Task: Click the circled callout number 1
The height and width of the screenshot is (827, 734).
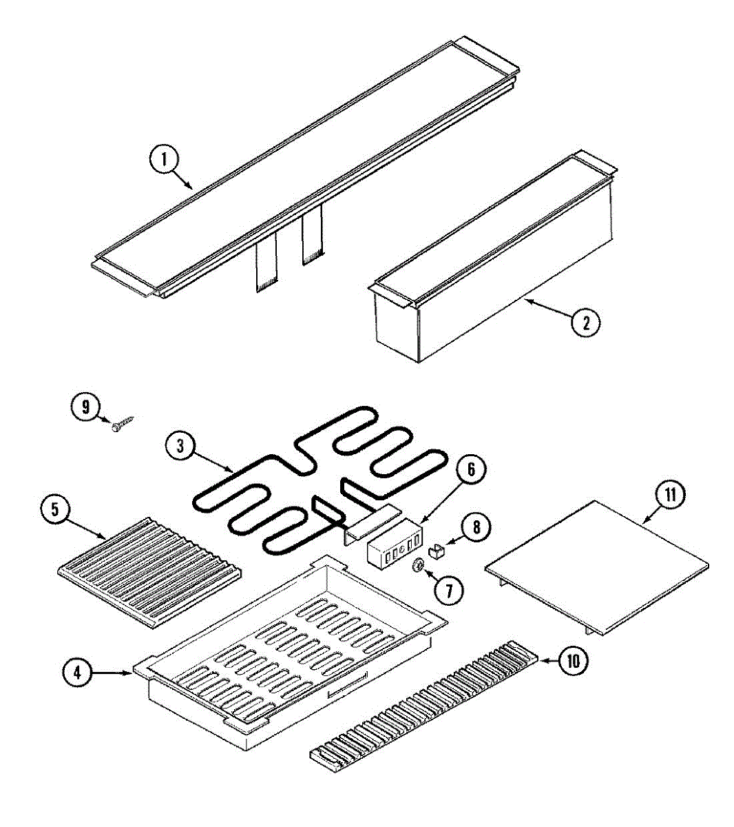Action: tap(165, 160)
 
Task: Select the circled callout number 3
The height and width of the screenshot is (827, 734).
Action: tap(180, 446)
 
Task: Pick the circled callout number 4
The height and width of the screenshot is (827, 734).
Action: tap(78, 673)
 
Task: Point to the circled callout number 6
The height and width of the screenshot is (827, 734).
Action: tap(471, 470)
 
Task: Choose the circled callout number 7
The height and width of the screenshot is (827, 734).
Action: tap(448, 590)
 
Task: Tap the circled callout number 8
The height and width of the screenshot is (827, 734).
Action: tap(476, 527)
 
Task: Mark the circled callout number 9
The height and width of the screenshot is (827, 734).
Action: tap(85, 407)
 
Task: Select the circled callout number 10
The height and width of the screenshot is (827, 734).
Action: tap(573, 661)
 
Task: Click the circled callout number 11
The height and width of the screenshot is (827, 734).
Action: tap(671, 495)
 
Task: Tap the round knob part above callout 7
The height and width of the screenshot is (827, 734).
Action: tap(419, 565)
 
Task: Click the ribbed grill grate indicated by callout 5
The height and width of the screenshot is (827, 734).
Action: tap(149, 573)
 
